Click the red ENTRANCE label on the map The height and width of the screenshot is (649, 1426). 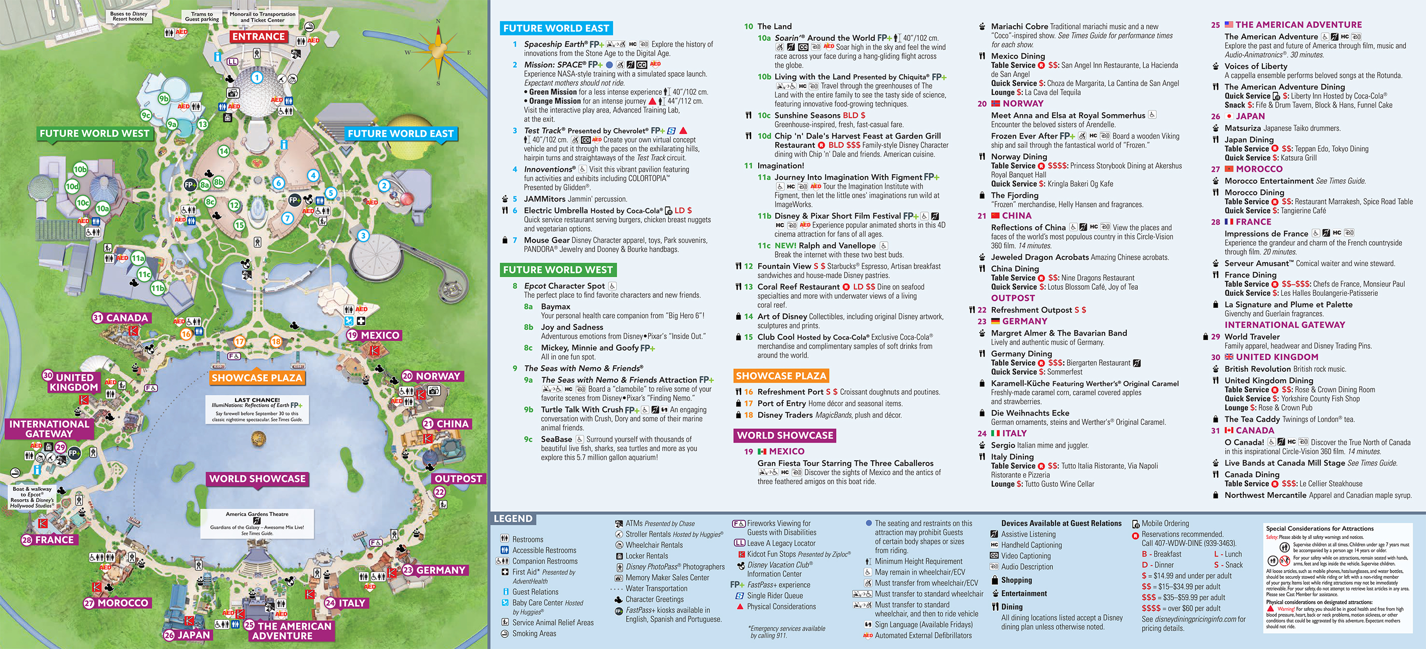point(258,37)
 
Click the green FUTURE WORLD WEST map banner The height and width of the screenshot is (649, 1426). point(94,134)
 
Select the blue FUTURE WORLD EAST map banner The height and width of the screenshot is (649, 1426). point(400,134)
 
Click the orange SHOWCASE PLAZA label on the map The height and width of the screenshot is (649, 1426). point(256,378)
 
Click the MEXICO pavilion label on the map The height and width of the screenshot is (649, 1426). point(374,335)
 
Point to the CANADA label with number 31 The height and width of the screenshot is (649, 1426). point(121,318)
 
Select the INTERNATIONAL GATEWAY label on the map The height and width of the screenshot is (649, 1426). point(49,428)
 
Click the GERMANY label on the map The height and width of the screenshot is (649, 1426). point(435,570)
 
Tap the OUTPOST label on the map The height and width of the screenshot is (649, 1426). point(458,478)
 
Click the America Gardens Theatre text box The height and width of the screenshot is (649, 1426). point(257,523)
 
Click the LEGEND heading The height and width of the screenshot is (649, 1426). point(513,519)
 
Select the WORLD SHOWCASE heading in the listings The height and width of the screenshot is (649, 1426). point(784,435)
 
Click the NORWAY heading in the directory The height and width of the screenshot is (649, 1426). point(1022,103)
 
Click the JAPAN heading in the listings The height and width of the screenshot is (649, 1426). point(1250,117)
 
